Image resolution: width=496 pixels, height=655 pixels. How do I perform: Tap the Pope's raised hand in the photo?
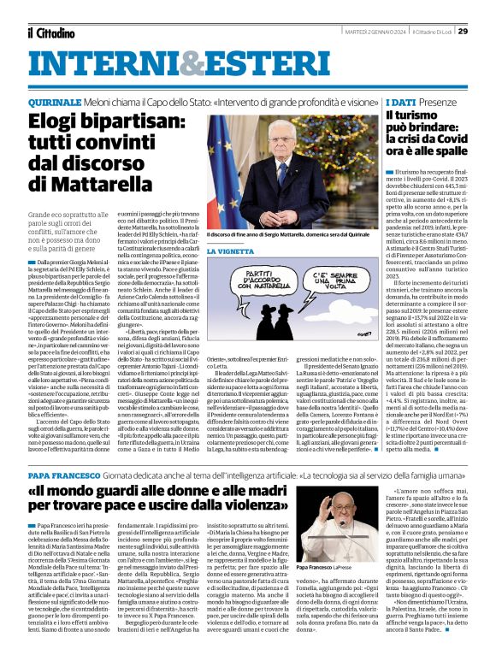[x=326, y=507]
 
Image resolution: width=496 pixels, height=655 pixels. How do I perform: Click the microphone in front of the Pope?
[x=342, y=523]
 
